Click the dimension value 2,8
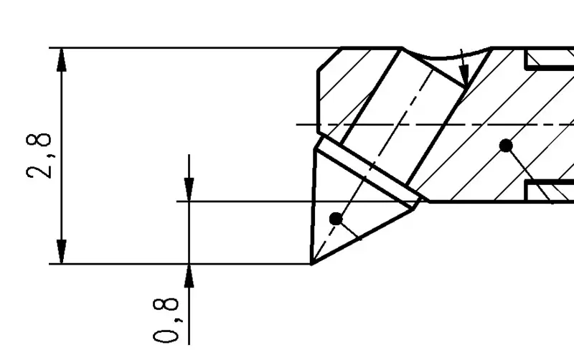coord(41,154)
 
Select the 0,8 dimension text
coord(166,320)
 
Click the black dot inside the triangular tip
coord(336,219)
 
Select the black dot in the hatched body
coord(506,146)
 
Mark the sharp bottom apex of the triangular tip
coord(312,263)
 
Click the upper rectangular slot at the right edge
coord(550,60)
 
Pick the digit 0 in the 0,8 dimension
coord(166,334)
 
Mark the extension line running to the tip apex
coord(179,264)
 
